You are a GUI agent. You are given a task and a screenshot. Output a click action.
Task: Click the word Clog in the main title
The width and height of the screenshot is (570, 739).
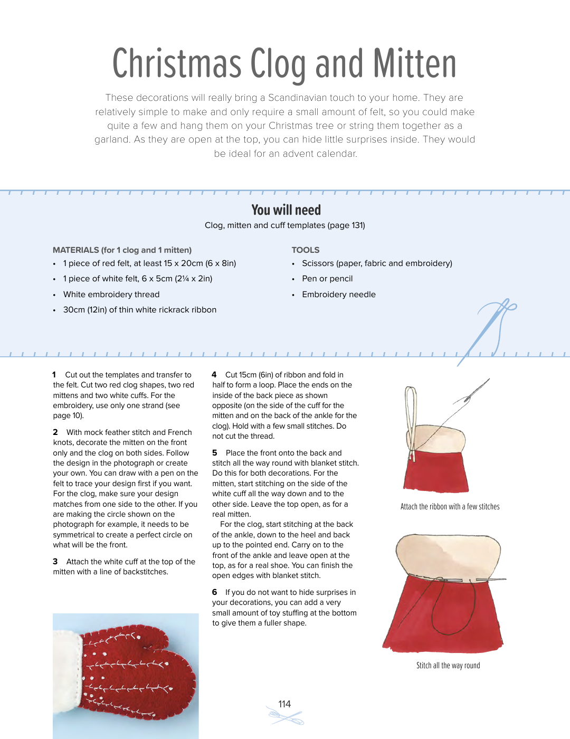pyautogui.click(x=278, y=64)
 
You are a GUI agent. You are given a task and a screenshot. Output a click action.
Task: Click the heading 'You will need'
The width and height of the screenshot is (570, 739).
pyautogui.click(x=286, y=210)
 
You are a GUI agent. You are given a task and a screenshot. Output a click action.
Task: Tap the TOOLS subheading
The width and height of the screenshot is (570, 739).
pyautogui.click(x=305, y=250)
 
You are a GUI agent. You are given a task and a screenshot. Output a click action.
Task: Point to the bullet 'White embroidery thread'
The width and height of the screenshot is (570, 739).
pyautogui.click(x=111, y=295)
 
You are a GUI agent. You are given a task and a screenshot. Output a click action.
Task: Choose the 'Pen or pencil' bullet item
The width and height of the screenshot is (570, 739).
pyautogui.click(x=327, y=279)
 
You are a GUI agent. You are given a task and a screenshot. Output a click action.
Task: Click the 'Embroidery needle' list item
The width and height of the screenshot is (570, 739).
pyautogui.click(x=338, y=295)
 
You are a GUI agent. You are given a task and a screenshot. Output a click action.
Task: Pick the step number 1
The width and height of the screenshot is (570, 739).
pyautogui.click(x=54, y=375)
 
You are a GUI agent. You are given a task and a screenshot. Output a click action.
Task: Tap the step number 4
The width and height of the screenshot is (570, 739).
pyautogui.click(x=214, y=375)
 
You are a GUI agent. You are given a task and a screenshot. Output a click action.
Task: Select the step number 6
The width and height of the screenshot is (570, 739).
pyautogui.click(x=214, y=592)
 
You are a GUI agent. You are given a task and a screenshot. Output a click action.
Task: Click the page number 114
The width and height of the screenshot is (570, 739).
pyautogui.click(x=284, y=704)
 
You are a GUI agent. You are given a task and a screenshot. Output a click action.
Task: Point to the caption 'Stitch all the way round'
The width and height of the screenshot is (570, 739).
pyautogui.click(x=448, y=666)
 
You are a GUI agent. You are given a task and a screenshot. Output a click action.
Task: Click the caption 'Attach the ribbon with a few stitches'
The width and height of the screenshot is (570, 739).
pyautogui.click(x=450, y=507)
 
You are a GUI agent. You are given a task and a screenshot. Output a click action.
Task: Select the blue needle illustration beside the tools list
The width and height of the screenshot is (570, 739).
pyautogui.click(x=488, y=330)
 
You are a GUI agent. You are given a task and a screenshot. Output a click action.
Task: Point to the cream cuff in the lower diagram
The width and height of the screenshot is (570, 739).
pyautogui.click(x=449, y=554)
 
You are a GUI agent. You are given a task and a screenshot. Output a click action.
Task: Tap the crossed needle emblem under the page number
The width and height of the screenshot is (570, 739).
pyautogui.click(x=286, y=718)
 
